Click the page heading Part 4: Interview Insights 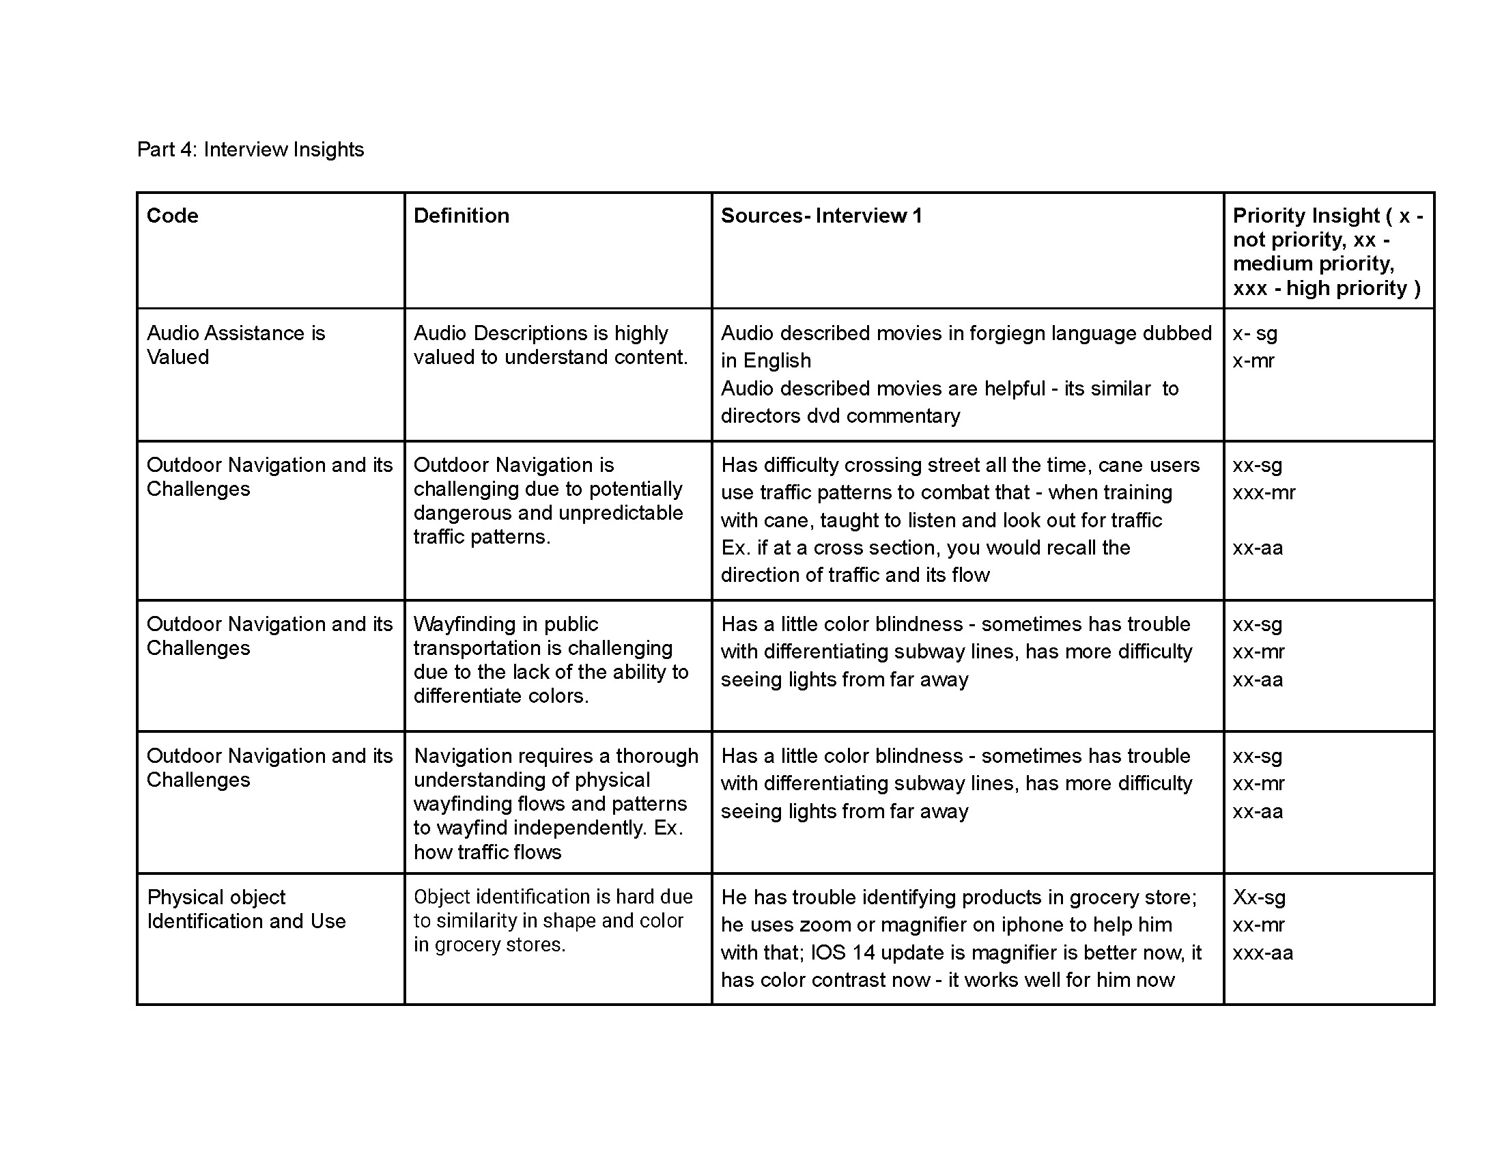251,150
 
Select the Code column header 173,216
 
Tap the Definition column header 462,216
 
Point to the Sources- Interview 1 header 821,216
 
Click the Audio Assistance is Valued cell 236,345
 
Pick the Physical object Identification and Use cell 246,908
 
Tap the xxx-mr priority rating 1263,492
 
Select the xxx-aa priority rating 1262,953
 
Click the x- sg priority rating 1254,333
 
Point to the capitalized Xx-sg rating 1258,897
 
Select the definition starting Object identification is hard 553,921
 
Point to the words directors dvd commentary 840,416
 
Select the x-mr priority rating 1253,361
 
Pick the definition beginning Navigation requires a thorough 556,803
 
